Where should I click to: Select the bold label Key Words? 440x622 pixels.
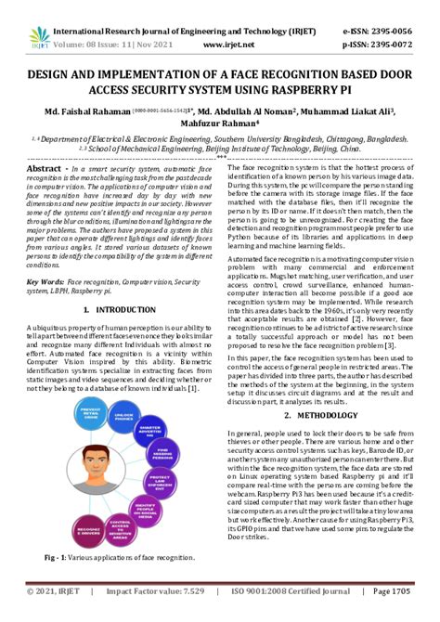tap(45, 280)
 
